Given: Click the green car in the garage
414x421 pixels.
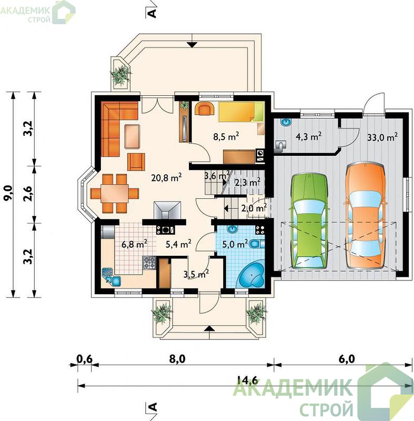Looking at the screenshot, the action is [x=309, y=221].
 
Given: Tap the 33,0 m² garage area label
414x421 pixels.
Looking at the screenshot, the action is [x=382, y=137].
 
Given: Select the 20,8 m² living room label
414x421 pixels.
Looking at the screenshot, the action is [x=167, y=177].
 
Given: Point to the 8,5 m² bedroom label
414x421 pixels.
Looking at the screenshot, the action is [x=226, y=136].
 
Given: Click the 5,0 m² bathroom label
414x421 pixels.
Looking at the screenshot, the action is [x=235, y=244].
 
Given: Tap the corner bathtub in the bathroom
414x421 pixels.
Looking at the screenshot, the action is [x=251, y=275].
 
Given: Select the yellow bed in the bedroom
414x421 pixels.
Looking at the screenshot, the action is [x=241, y=112].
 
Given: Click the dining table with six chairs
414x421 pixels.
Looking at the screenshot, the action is [x=115, y=193].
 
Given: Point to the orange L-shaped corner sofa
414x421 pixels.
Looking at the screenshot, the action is [x=115, y=123].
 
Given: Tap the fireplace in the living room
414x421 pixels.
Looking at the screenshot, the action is [x=167, y=210].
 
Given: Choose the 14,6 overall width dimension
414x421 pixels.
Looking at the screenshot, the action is [x=247, y=380].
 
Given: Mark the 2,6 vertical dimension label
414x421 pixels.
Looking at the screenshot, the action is [x=28, y=193].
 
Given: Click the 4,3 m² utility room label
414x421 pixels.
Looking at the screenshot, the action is [x=309, y=136].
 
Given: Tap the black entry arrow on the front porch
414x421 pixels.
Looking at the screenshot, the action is [x=209, y=328].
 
